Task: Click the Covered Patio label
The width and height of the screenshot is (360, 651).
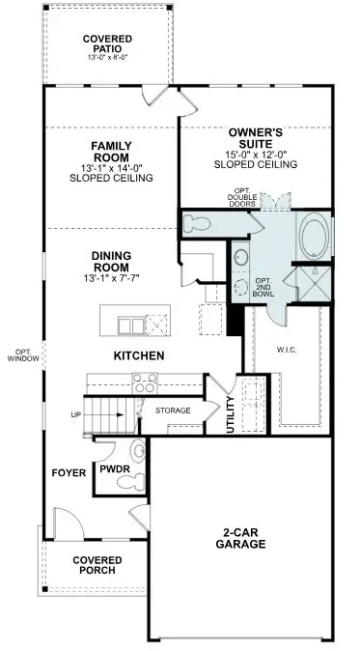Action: coord(107,43)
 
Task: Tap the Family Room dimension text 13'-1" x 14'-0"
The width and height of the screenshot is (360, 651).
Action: coord(111,169)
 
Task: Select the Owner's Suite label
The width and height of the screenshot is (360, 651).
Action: coord(256,138)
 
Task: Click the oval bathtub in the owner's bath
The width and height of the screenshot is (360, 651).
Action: coord(315,237)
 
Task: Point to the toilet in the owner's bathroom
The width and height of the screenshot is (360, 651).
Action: coord(197,223)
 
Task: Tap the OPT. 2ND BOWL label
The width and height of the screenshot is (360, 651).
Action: coord(263,287)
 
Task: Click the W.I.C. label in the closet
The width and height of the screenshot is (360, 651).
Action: coord(287,350)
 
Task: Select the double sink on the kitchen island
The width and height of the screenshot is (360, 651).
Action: coord(131,325)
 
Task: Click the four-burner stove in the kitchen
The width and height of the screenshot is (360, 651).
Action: coord(145,382)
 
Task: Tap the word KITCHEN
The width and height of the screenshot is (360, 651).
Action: coord(139,355)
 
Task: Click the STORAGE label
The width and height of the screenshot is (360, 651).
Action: coord(173,410)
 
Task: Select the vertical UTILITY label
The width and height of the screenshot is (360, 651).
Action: coord(232,414)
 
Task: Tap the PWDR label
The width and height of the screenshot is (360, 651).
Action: coord(115,469)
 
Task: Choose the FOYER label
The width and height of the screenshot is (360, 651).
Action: coord(69,473)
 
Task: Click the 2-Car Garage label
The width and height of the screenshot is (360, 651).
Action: coord(240,539)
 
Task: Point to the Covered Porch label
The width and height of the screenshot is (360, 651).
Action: coord(97,565)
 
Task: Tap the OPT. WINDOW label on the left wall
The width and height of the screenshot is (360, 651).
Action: coord(23,354)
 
